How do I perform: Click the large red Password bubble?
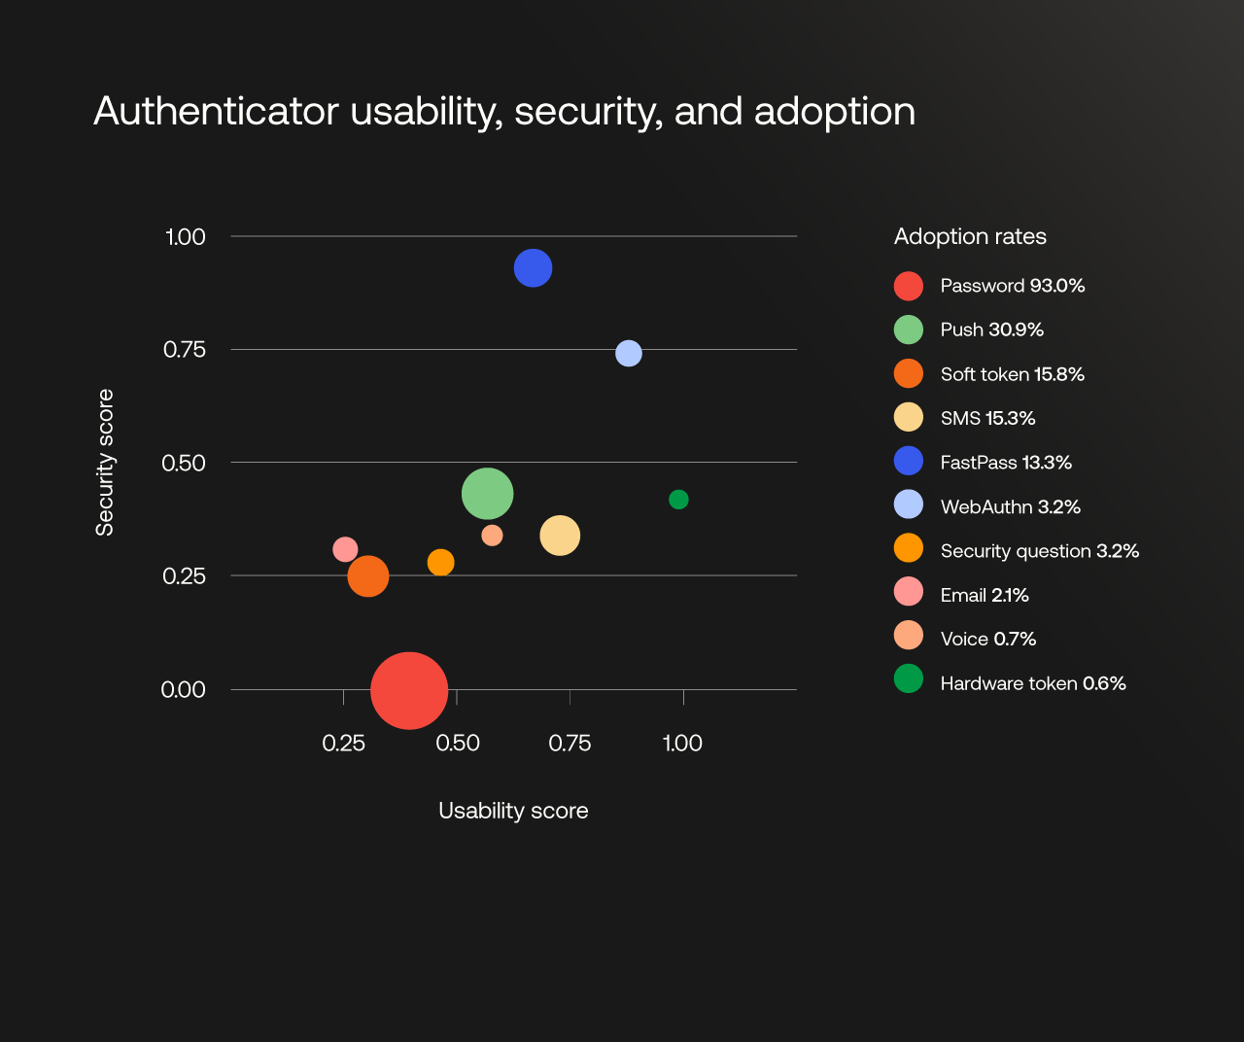point(409,690)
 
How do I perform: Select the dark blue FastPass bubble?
point(533,268)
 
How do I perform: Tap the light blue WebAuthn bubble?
point(629,353)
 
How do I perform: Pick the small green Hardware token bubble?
point(678,500)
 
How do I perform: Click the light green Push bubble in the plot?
point(487,494)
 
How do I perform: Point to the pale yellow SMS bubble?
point(560,536)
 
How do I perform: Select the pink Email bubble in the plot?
point(345,550)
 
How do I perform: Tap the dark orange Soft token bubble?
point(368,576)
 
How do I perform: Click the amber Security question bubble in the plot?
point(441,563)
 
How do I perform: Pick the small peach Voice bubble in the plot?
point(492,536)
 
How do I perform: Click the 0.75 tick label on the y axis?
point(185,350)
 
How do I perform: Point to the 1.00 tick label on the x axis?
point(682,744)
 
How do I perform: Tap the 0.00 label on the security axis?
point(183,690)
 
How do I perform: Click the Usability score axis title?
point(513,811)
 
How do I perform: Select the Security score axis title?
point(105,463)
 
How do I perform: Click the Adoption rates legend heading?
point(970,237)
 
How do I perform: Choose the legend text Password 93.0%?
point(1012,286)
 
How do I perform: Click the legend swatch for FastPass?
point(909,461)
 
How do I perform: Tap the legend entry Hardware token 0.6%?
point(1032,683)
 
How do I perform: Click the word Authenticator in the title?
point(216,112)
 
